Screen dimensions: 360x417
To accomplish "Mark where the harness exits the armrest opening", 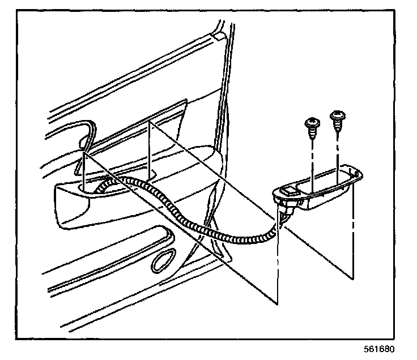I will click(105, 187).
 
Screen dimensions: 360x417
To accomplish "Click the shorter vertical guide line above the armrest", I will click(84, 170).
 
